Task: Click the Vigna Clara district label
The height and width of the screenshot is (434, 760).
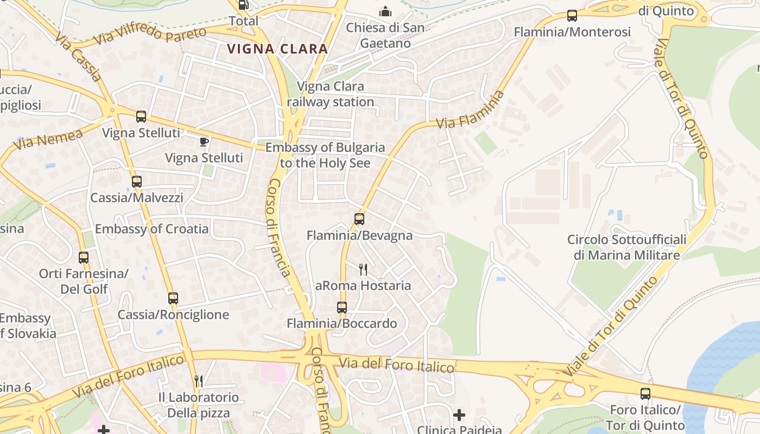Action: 277,48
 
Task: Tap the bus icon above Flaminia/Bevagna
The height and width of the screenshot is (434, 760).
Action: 359,219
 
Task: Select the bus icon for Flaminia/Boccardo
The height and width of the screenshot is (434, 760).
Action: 341,308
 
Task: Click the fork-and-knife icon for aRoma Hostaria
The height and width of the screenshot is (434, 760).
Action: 363,269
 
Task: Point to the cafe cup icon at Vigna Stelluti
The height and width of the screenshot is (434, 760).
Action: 204,142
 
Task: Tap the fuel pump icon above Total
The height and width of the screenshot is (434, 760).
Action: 243,5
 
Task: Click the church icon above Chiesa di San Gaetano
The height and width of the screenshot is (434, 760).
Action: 385,11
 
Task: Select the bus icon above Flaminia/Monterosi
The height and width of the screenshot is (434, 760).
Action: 572,16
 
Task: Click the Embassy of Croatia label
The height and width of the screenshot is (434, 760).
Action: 151,229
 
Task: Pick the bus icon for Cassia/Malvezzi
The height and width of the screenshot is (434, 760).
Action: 137,182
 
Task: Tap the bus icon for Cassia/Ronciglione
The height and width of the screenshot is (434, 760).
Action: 173,298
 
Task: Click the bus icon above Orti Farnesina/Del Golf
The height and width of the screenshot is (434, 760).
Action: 84,258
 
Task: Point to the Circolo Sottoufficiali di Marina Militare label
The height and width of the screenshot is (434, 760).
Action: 626,247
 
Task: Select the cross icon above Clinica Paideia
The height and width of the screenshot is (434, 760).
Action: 459,416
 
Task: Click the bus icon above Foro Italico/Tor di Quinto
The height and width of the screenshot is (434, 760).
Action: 645,394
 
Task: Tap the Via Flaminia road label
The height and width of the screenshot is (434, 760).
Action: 470,110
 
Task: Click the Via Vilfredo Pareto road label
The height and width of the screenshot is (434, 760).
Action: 150,34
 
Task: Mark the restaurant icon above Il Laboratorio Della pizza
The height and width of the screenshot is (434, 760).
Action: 199,381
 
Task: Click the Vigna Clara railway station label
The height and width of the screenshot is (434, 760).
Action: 331,94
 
